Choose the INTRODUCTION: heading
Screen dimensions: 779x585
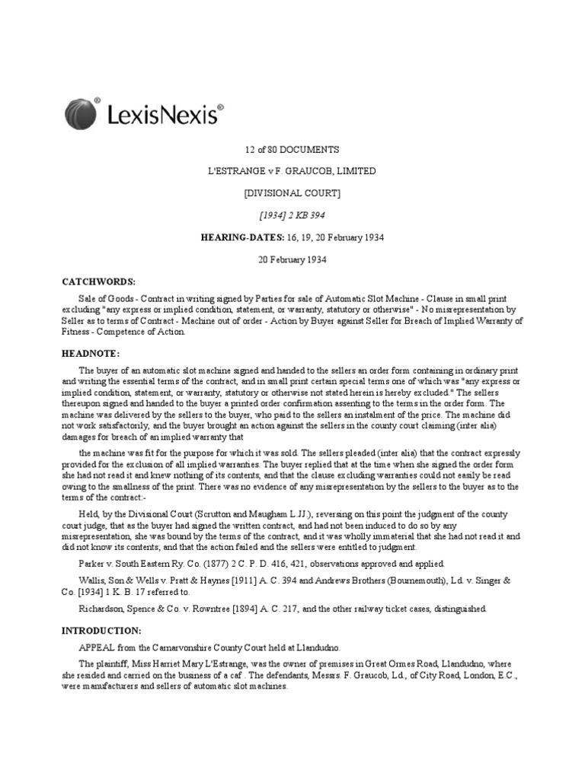tap(101, 631)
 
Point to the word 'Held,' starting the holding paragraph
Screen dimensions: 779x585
tap(92, 515)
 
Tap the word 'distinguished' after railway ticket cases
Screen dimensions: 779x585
tap(455, 609)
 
